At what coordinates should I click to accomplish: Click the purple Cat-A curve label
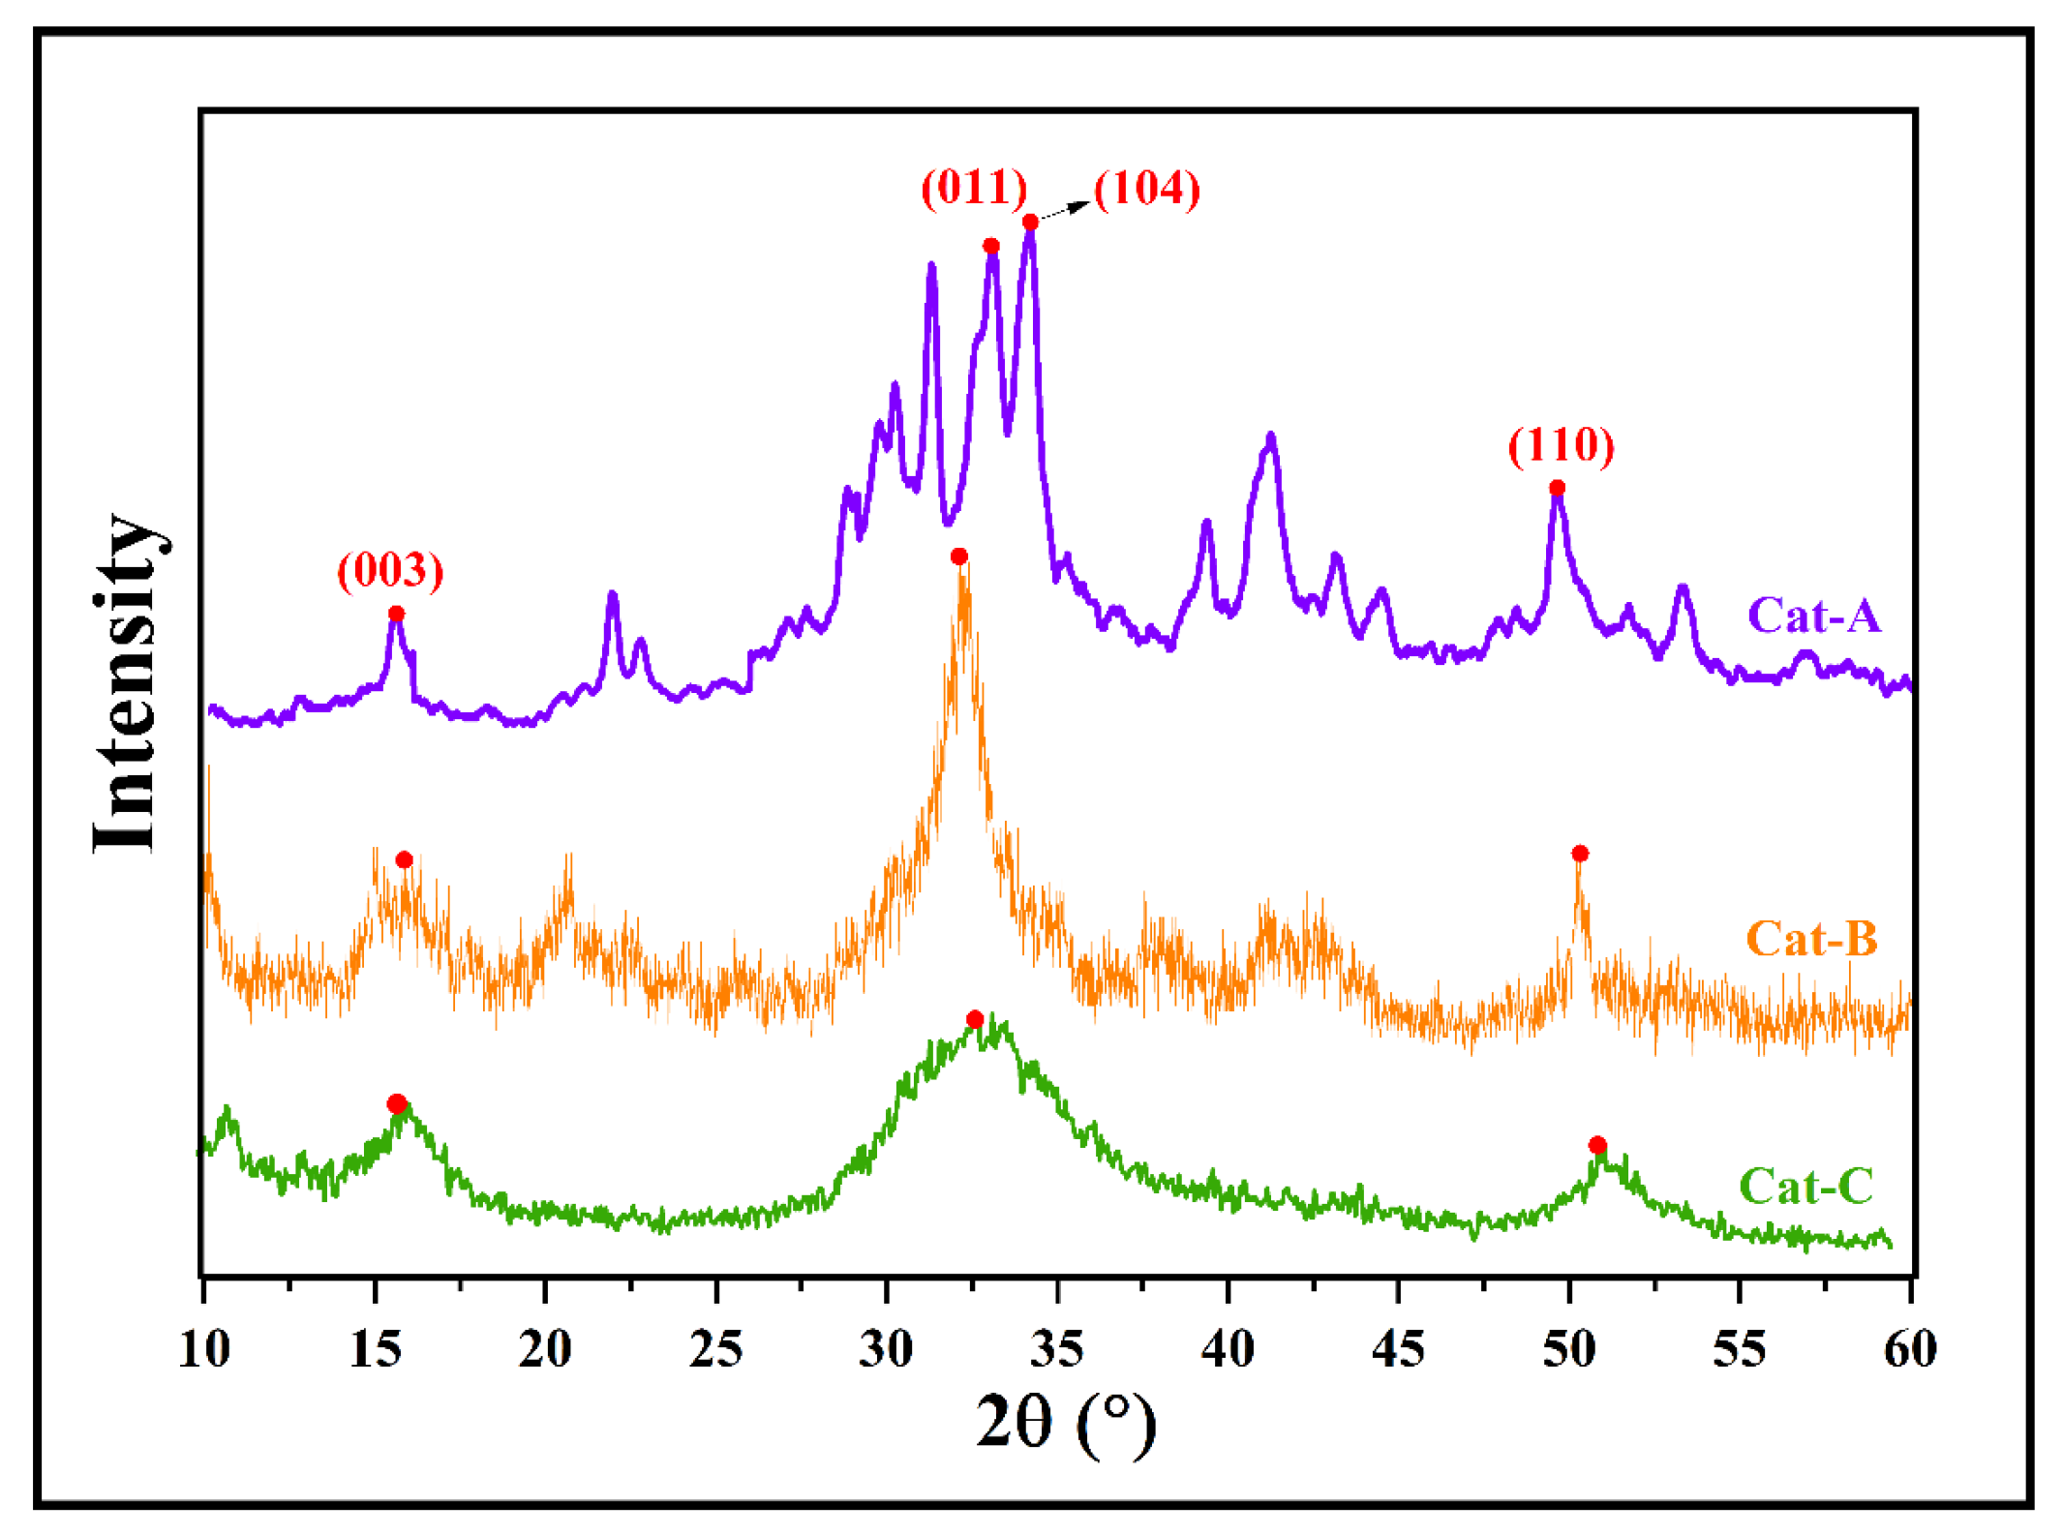pyautogui.click(x=1813, y=616)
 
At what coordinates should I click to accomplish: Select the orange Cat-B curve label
pyautogui.click(x=1811, y=938)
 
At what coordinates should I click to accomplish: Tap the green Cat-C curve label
pyautogui.click(x=1806, y=1186)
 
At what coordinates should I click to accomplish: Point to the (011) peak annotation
pyautogui.click(x=974, y=187)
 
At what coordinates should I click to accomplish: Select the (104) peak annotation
pyautogui.click(x=1147, y=188)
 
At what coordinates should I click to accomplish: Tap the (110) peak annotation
pyautogui.click(x=1561, y=445)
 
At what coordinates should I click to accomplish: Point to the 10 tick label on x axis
pyautogui.click(x=204, y=1348)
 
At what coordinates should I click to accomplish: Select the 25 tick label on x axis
pyautogui.click(x=716, y=1348)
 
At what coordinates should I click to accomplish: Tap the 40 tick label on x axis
pyautogui.click(x=1228, y=1348)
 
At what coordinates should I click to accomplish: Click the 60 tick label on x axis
pyautogui.click(x=1910, y=1348)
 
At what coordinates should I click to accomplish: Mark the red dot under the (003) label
pyautogui.click(x=396, y=614)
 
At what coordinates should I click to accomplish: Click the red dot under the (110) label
pyautogui.click(x=1557, y=488)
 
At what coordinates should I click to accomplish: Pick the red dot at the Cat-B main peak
pyautogui.click(x=958, y=557)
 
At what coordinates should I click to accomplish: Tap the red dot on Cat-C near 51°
pyautogui.click(x=1597, y=1145)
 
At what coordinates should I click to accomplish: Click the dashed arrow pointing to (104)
pyautogui.click(x=1064, y=210)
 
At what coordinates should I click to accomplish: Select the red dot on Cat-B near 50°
pyautogui.click(x=1580, y=853)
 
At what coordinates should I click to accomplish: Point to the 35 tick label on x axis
pyautogui.click(x=1057, y=1348)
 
